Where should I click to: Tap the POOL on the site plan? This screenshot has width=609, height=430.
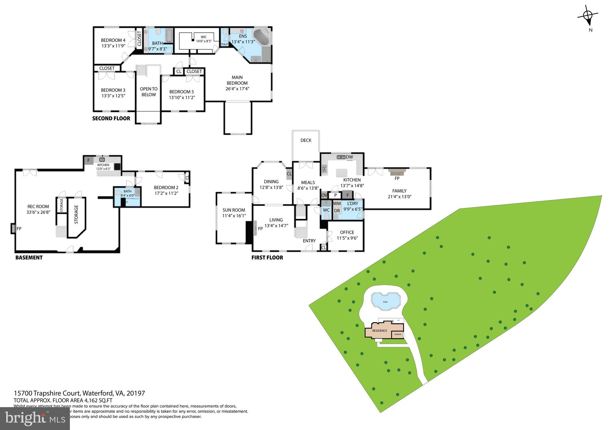tap(385, 301)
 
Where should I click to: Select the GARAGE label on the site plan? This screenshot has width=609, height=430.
tap(398, 334)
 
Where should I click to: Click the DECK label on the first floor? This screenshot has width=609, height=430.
tap(306, 140)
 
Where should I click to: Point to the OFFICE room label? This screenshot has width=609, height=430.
tap(347, 232)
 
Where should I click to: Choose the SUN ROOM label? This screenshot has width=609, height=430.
tap(234, 210)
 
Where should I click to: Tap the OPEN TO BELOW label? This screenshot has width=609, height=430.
tap(149, 91)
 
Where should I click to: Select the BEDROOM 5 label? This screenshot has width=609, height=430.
tap(181, 92)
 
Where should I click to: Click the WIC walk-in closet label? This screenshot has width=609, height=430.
tap(203, 37)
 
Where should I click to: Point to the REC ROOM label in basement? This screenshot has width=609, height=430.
tap(38, 206)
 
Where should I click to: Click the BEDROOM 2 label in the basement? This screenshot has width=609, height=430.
tap(166, 187)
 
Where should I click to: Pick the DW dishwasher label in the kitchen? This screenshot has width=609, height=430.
tap(349, 157)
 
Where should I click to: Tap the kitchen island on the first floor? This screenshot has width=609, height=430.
tap(342, 173)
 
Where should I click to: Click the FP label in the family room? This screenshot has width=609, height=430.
tap(397, 178)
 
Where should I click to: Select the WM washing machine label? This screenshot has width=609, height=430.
tap(337, 203)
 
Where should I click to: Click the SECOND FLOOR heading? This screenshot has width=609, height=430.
tap(111, 118)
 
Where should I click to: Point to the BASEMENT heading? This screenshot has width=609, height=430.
tap(29, 257)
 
